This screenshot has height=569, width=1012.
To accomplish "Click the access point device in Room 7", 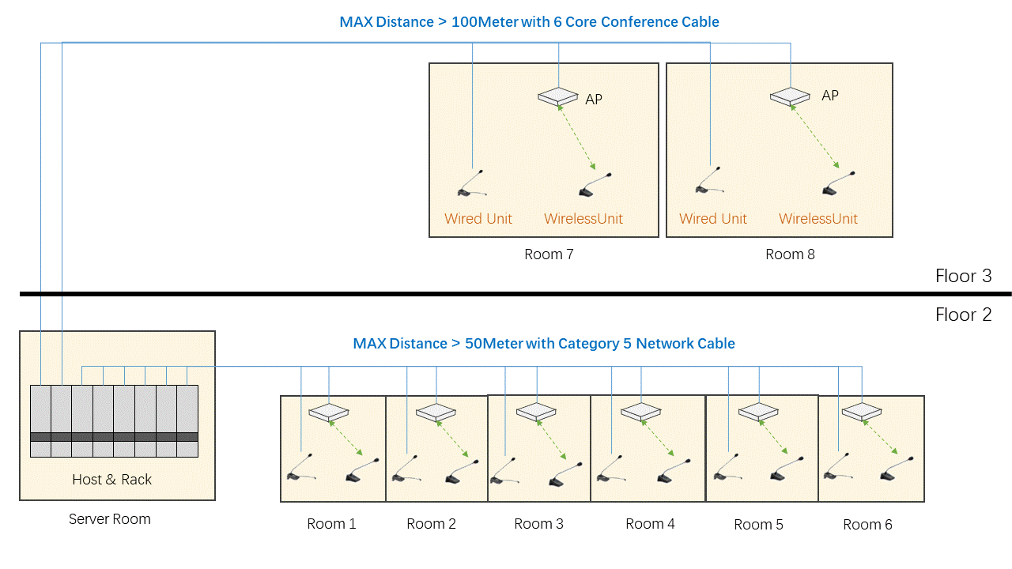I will [x=558, y=97].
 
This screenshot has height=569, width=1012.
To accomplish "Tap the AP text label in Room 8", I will [x=830, y=96].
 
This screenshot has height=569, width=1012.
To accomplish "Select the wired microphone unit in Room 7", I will [x=472, y=184].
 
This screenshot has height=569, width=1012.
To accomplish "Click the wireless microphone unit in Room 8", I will [x=838, y=184].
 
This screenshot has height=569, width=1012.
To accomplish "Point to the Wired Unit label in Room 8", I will [x=713, y=219].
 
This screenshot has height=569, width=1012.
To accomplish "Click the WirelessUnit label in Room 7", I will [x=583, y=219].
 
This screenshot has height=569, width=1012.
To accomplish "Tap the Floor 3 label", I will [x=963, y=276].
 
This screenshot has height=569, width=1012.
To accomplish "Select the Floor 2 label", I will [x=963, y=315].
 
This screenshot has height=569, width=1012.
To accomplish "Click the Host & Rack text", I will [x=111, y=480].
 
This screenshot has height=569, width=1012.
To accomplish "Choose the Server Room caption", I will [x=109, y=519].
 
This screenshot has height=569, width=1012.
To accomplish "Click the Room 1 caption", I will [x=331, y=524].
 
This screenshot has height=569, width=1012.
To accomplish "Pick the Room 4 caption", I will [x=650, y=524].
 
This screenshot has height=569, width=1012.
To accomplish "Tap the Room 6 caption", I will [x=867, y=525].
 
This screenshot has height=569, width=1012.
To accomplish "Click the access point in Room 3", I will [x=537, y=412].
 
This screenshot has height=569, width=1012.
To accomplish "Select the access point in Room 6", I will [x=862, y=412].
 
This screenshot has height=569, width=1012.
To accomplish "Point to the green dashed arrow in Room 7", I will [x=577, y=139].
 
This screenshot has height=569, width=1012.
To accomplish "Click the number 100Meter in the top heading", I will [x=485, y=22].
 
